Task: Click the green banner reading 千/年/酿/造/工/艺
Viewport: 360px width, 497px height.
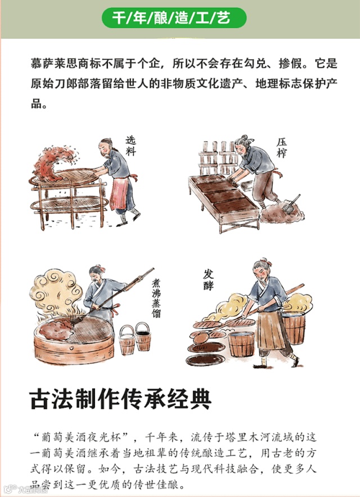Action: [174, 17]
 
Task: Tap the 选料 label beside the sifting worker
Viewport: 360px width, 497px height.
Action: [130, 146]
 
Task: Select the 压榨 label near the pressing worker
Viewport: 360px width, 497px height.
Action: [281, 148]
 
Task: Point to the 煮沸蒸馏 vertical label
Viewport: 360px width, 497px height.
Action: [156, 299]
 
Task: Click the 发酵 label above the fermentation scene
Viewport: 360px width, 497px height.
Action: [208, 280]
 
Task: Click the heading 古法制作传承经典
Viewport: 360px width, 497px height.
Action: [120, 400]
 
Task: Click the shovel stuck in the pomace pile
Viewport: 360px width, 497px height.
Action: [291, 205]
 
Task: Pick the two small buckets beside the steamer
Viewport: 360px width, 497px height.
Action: [135, 338]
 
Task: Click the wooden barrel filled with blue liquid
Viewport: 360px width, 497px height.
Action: [241, 344]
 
